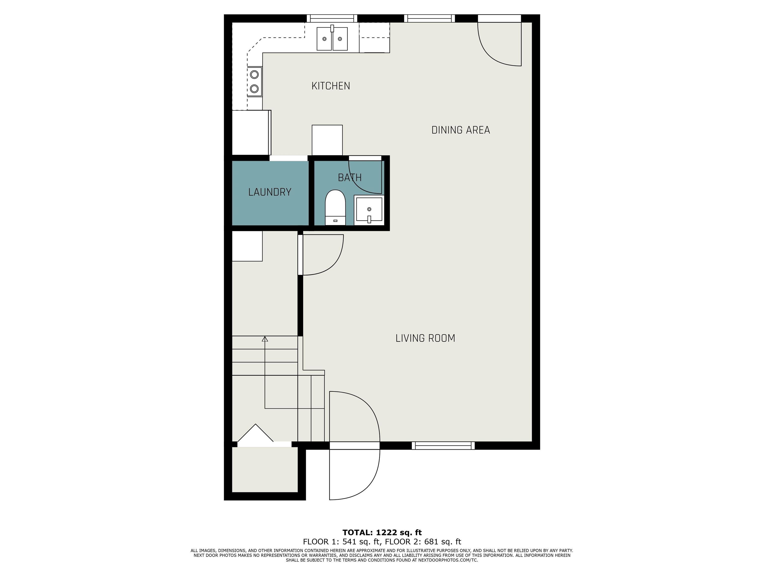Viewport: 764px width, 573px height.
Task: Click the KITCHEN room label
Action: [331, 86]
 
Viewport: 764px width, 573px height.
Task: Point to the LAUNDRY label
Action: [270, 192]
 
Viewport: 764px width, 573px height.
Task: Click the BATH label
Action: [349, 178]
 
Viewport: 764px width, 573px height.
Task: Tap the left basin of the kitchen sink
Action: [324, 39]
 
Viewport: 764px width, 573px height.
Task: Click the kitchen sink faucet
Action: [332, 28]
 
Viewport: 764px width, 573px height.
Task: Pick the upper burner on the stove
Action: [255, 74]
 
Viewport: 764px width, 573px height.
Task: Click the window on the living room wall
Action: [443, 446]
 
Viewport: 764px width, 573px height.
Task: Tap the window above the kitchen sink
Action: [332, 18]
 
